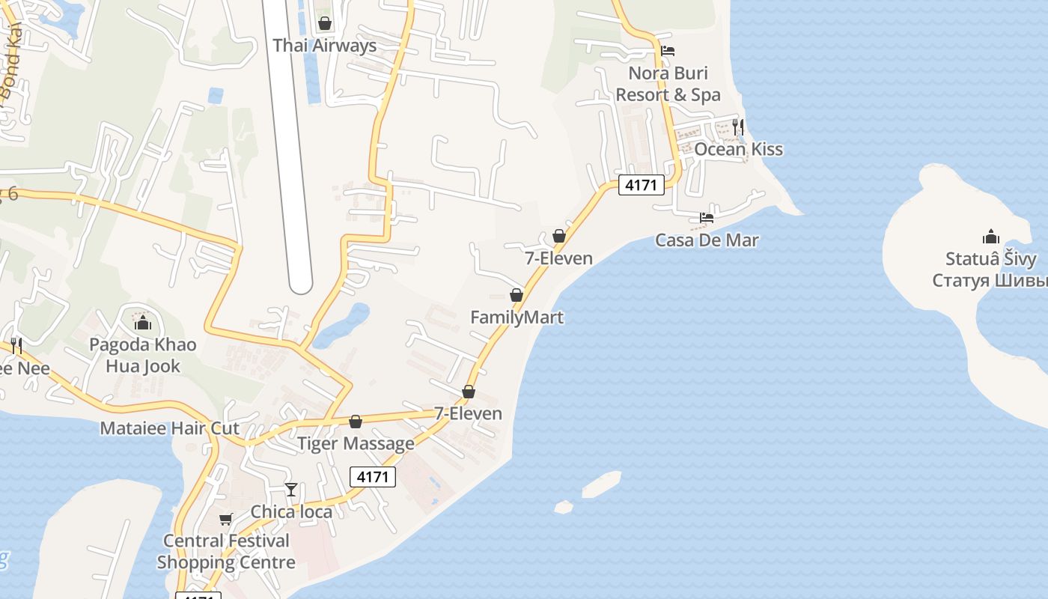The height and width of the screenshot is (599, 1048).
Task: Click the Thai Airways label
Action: click(x=324, y=46)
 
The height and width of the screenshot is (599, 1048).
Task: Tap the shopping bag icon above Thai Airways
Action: click(x=325, y=23)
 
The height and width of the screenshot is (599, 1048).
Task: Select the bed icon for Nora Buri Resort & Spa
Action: click(x=668, y=51)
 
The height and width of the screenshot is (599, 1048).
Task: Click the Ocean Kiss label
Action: click(x=738, y=149)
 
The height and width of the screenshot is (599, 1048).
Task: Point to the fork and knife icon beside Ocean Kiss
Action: click(x=738, y=126)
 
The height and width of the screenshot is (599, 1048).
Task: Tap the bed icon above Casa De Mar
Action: click(x=707, y=218)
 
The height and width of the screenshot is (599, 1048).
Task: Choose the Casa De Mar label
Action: click(x=707, y=240)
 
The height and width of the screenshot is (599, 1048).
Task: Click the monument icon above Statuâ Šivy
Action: click(x=991, y=237)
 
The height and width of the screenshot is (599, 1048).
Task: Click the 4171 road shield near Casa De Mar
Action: click(x=642, y=184)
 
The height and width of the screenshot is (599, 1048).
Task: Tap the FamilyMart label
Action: click(x=517, y=317)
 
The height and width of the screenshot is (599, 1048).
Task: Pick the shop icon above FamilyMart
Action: click(x=517, y=295)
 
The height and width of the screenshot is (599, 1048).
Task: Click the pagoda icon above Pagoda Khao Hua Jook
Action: click(x=142, y=323)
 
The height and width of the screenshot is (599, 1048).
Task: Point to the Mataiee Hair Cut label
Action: click(x=170, y=428)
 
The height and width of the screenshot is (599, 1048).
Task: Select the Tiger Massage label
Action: click(x=356, y=443)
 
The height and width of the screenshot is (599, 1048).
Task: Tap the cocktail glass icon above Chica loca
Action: click(x=291, y=490)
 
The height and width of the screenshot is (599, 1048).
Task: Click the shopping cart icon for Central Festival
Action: click(x=225, y=519)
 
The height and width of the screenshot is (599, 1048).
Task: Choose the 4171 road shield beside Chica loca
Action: click(x=372, y=477)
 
